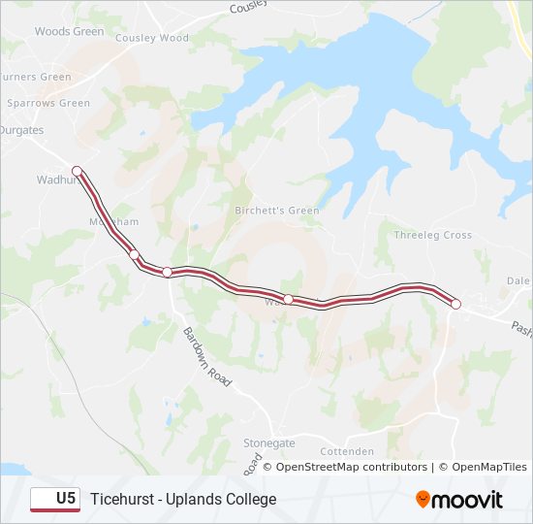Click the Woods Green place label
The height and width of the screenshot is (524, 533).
point(69,31)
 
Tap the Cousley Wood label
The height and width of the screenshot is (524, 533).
point(151,38)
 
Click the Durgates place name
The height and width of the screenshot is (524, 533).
point(21,129)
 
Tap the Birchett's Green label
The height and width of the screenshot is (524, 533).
point(276,211)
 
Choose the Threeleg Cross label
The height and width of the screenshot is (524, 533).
point(432,235)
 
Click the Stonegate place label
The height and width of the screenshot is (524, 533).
point(268,442)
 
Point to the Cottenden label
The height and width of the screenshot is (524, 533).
point(346,451)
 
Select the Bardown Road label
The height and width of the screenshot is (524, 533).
point(207,357)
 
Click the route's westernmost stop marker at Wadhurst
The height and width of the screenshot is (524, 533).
point(77,171)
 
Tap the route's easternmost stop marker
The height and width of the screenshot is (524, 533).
point(455,305)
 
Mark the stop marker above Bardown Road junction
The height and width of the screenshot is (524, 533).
point(167,272)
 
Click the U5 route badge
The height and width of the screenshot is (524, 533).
point(55,499)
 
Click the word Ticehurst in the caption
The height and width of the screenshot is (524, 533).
point(121,499)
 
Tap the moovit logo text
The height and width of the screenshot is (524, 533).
point(468,500)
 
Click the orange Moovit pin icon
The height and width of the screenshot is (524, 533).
point(423,500)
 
